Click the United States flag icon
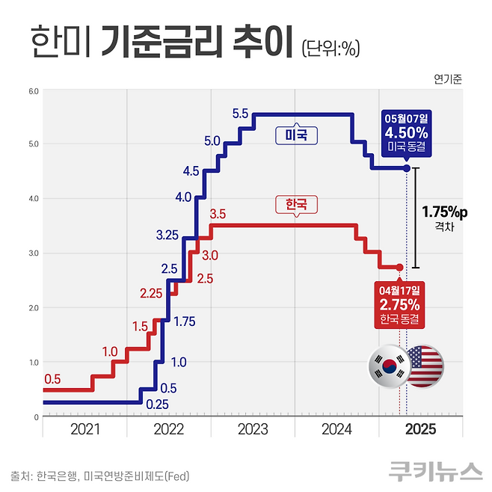(x=423, y=366)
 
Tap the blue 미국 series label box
(x=297, y=135)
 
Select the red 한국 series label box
(x=297, y=203)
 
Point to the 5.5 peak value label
(x=240, y=114)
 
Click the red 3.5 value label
(x=218, y=215)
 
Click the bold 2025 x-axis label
(x=419, y=429)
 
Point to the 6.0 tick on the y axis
(x=34, y=91)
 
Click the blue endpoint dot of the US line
(x=407, y=168)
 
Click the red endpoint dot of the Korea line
(x=399, y=267)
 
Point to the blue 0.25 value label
(x=156, y=405)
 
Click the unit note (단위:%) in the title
(x=331, y=49)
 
